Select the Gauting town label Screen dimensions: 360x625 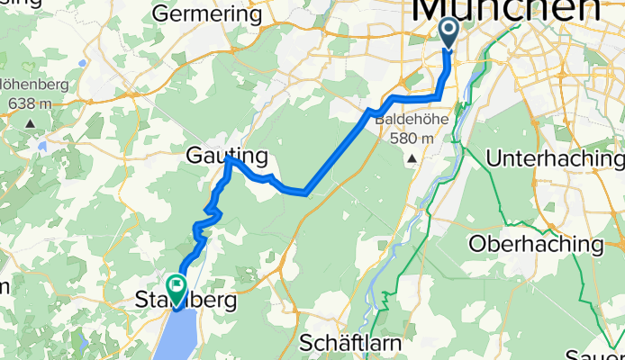227,157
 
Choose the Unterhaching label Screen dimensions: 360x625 555,158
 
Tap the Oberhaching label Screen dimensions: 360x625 537,244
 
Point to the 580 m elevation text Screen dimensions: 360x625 412,139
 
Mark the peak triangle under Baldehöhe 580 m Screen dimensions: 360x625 412,158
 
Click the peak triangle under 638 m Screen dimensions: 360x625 32,123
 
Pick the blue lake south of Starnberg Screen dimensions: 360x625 183,333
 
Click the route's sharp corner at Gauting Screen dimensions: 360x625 229,159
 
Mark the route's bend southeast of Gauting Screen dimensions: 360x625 306,192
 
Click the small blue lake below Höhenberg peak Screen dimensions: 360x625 40,144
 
